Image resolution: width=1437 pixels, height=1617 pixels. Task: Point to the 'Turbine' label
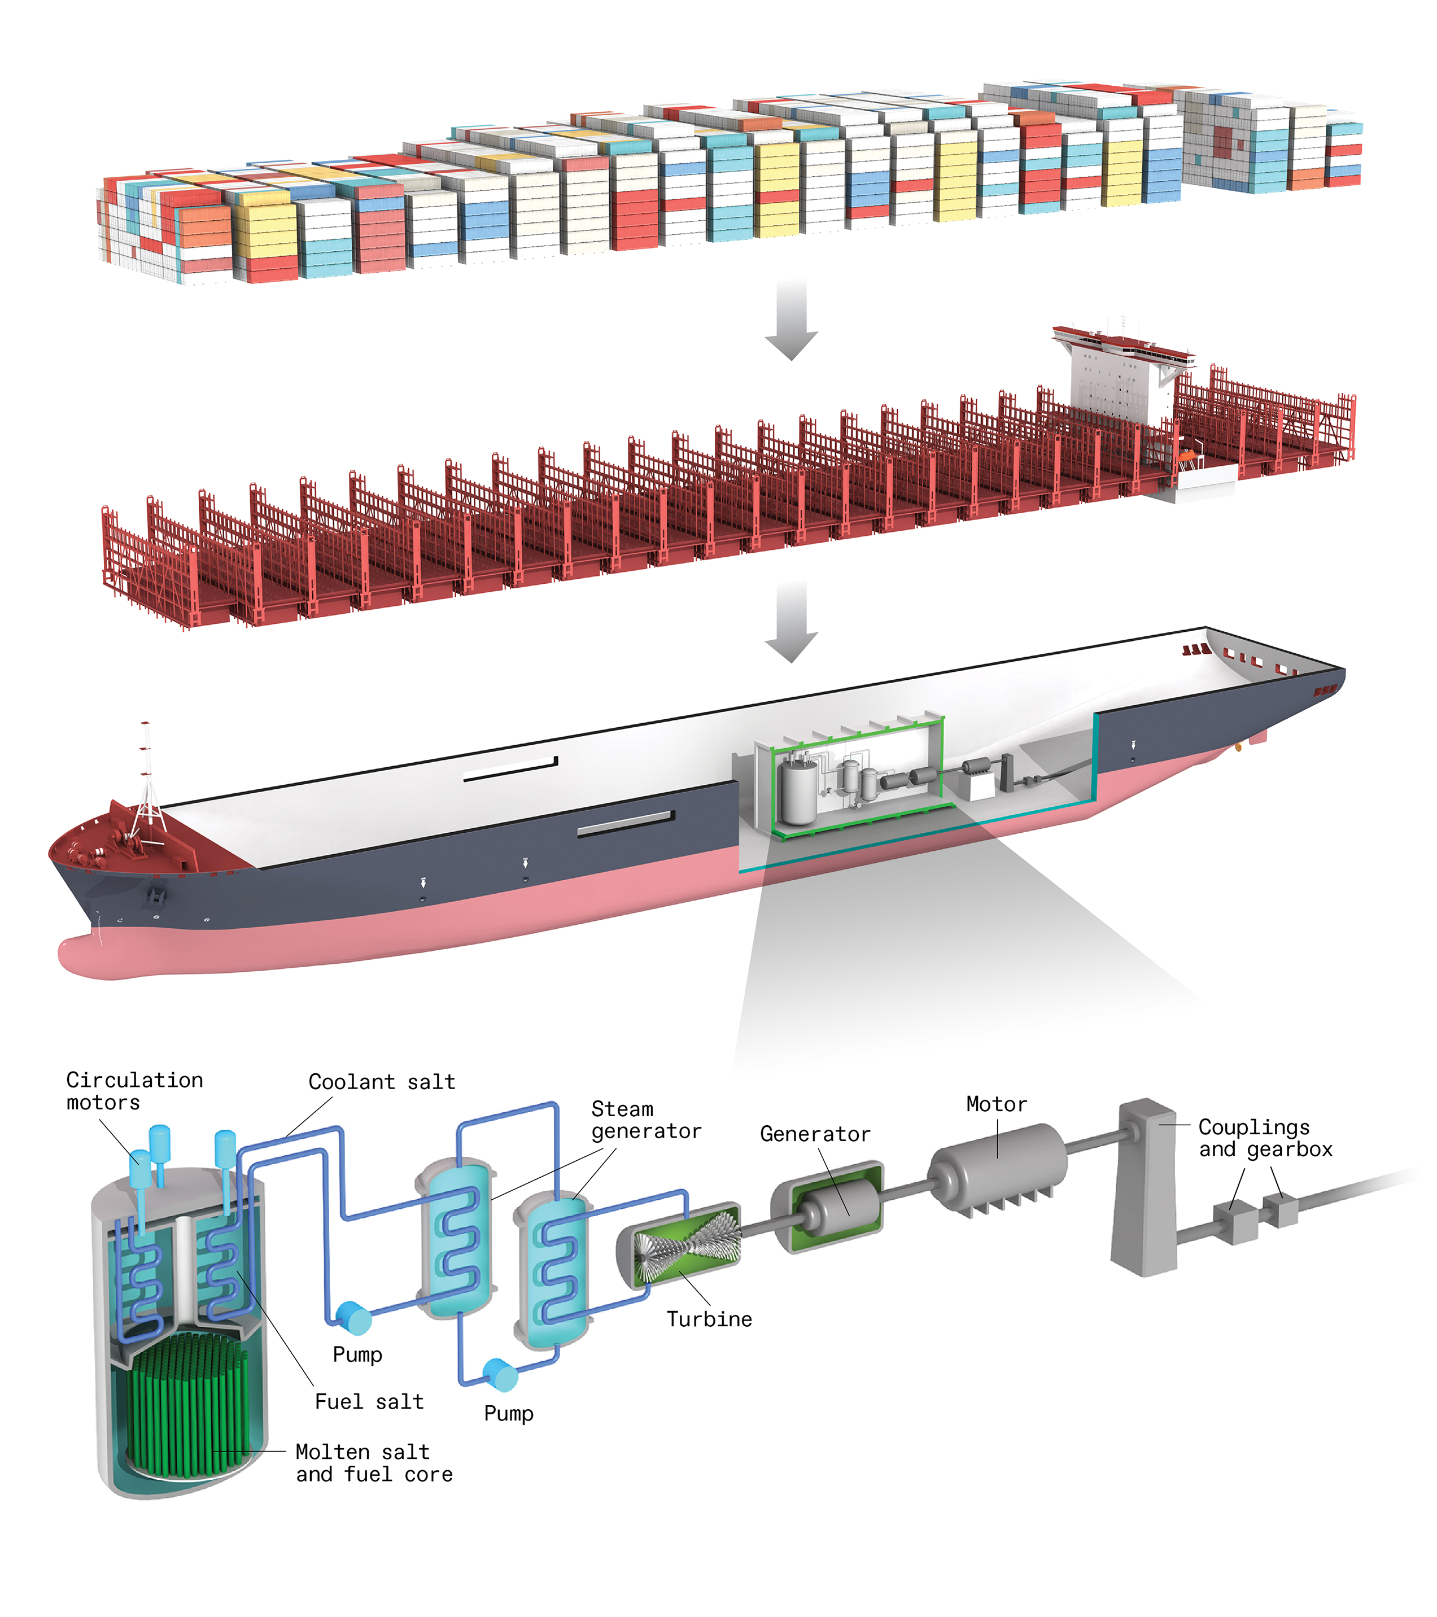(x=709, y=1319)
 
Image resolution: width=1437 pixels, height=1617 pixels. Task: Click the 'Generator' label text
(x=814, y=1134)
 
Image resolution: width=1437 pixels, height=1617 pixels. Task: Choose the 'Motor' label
(x=996, y=1104)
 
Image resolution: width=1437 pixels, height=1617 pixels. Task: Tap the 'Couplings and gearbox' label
(x=1264, y=1138)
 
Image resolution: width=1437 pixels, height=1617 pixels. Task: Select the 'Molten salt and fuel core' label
(x=373, y=1463)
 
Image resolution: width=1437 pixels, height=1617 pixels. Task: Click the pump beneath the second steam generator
(x=500, y=1375)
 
